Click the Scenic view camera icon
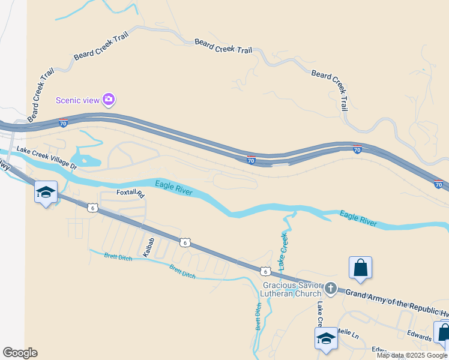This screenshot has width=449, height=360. click(x=109, y=100)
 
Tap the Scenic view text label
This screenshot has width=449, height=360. click(x=77, y=100)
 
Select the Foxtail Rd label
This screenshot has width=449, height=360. click(x=131, y=194)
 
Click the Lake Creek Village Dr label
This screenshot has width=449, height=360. click(x=47, y=157)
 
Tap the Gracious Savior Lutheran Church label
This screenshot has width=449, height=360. click(x=291, y=289)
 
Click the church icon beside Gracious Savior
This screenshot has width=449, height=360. click(x=330, y=289)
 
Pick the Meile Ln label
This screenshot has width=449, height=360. click(x=346, y=331)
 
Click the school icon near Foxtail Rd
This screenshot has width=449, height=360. click(x=46, y=193)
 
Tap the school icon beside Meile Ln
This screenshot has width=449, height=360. click(x=326, y=338)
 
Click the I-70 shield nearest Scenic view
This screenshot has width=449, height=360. click(x=63, y=124)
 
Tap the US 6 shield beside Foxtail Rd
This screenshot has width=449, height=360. click(x=92, y=208)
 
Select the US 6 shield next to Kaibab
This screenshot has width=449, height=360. click(x=185, y=242)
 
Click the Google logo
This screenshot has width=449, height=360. click(x=20, y=353)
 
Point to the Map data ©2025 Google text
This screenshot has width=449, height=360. click(x=412, y=355)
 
